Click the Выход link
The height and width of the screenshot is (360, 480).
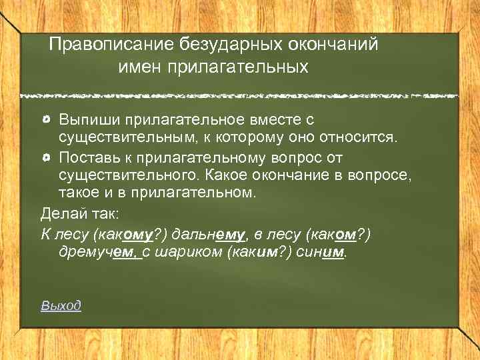click(61, 305)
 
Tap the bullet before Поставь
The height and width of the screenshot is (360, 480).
click(45, 157)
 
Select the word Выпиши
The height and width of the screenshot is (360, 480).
click(89, 121)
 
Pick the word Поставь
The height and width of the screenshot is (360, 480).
click(87, 157)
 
